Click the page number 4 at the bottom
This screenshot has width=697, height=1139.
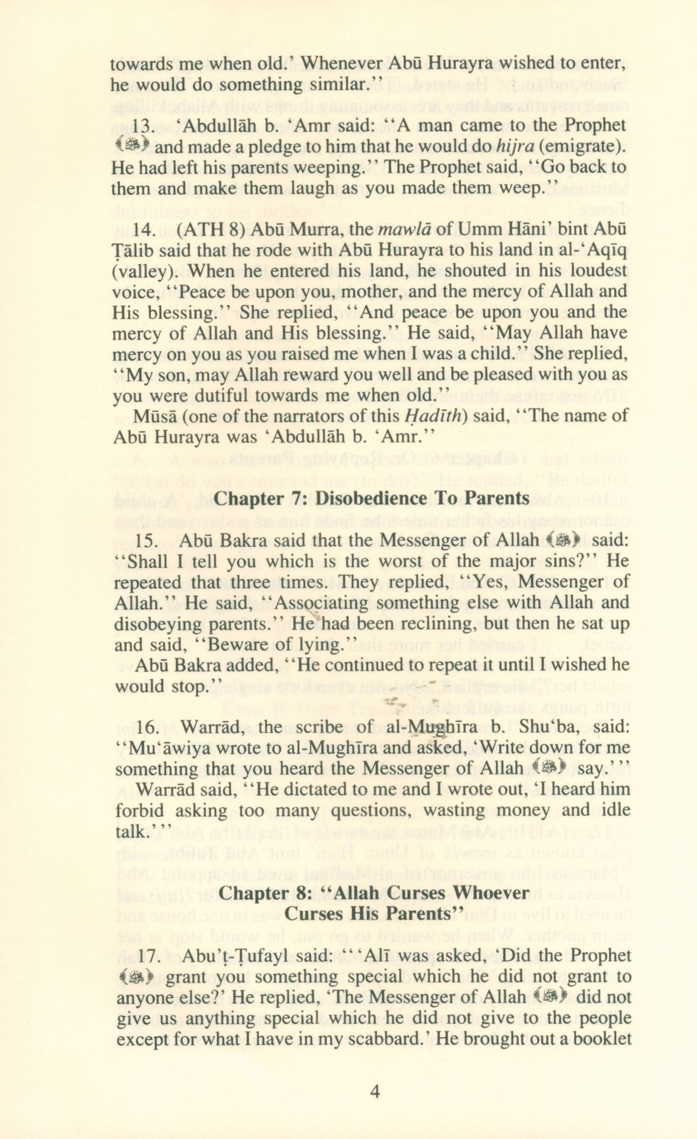click(x=375, y=1091)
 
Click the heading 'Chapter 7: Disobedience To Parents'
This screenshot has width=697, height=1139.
click(x=371, y=498)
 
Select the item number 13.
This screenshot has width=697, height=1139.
click(x=143, y=125)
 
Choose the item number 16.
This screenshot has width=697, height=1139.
click(x=147, y=727)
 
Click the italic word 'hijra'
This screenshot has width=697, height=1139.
click(x=514, y=146)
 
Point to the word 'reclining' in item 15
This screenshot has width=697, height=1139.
click(x=432, y=624)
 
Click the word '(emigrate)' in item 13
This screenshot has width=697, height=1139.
click(x=582, y=146)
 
